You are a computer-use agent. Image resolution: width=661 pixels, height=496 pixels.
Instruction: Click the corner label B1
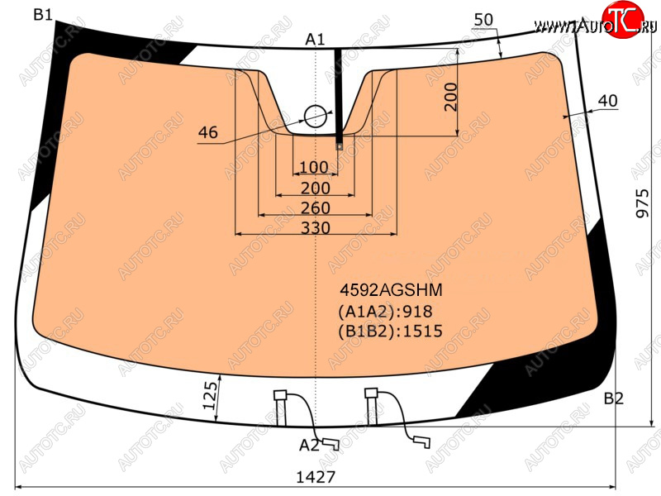pyautogui.click(x=43, y=15)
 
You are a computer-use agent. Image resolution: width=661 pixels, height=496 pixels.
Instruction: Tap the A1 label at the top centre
pyautogui.click(x=315, y=39)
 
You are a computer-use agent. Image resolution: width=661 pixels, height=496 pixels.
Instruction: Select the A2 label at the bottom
pyautogui.click(x=309, y=445)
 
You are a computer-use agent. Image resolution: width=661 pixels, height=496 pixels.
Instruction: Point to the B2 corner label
pyautogui.click(x=613, y=398)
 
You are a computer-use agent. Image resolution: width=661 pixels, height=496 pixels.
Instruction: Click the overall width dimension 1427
pyautogui.click(x=316, y=477)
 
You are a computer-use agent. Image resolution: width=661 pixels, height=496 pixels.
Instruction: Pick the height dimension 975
pyautogui.click(x=643, y=203)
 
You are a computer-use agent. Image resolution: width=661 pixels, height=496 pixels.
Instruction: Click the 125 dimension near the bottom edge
pyautogui.click(x=211, y=395)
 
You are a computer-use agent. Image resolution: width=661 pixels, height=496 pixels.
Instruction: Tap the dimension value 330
pyautogui.click(x=316, y=228)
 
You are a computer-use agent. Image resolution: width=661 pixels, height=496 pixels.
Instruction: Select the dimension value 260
pyautogui.click(x=316, y=208)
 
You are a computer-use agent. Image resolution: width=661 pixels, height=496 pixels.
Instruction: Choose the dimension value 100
pyautogui.click(x=314, y=167)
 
